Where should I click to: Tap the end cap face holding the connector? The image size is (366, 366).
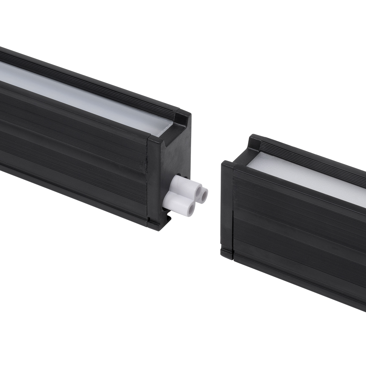(171, 159)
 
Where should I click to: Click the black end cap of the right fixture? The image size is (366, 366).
(227, 207)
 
